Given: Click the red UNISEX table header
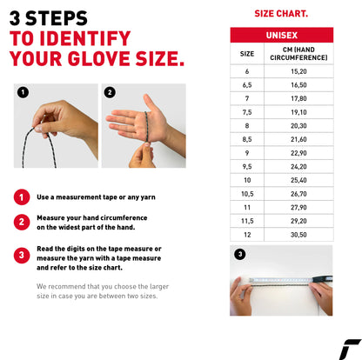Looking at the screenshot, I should click(281, 35).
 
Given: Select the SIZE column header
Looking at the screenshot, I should click(247, 54).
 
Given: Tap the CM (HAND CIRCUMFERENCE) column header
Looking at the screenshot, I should click(298, 54).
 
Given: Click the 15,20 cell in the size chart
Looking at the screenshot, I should click(298, 71).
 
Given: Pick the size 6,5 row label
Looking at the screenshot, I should click(247, 85).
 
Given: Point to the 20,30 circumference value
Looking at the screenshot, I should click(298, 125).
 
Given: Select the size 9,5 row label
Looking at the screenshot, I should click(247, 166).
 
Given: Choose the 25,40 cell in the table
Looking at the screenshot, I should click(298, 179).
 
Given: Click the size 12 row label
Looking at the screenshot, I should click(247, 234).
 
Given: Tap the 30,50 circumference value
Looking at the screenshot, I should click(298, 234).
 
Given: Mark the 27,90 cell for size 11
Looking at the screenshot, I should click(298, 207).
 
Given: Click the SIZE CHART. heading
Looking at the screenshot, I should click(280, 14).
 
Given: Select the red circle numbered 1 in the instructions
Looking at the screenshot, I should click(21, 197).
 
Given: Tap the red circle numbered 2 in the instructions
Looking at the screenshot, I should click(21, 222).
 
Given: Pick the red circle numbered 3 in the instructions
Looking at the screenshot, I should click(21, 254).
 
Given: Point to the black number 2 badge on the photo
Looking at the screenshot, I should click(110, 92).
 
